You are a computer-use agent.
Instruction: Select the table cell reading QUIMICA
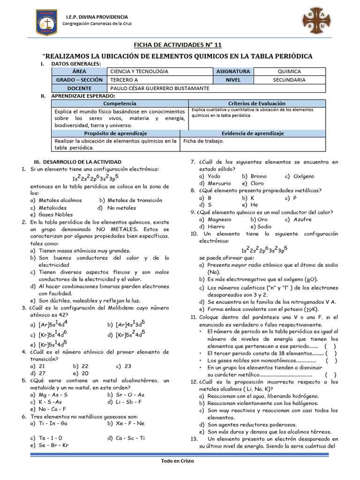(x=289, y=71)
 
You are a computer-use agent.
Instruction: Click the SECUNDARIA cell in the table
(x=289, y=80)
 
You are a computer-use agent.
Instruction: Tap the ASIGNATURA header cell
(x=233, y=71)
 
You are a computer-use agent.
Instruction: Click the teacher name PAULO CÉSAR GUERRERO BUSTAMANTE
(x=159, y=88)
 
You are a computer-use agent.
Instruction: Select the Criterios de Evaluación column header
(x=256, y=103)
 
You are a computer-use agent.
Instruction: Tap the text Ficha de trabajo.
(x=204, y=141)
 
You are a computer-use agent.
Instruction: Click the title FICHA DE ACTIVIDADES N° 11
(x=178, y=45)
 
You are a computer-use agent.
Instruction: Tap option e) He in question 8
(x=250, y=205)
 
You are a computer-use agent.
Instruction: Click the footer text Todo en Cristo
(x=178, y=461)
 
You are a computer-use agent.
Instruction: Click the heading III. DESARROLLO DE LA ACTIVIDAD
(x=78, y=162)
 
